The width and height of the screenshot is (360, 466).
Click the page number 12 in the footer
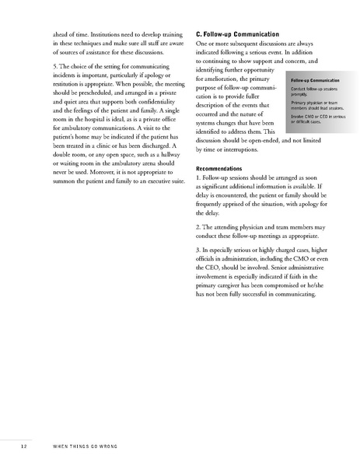click(x=24, y=446)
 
